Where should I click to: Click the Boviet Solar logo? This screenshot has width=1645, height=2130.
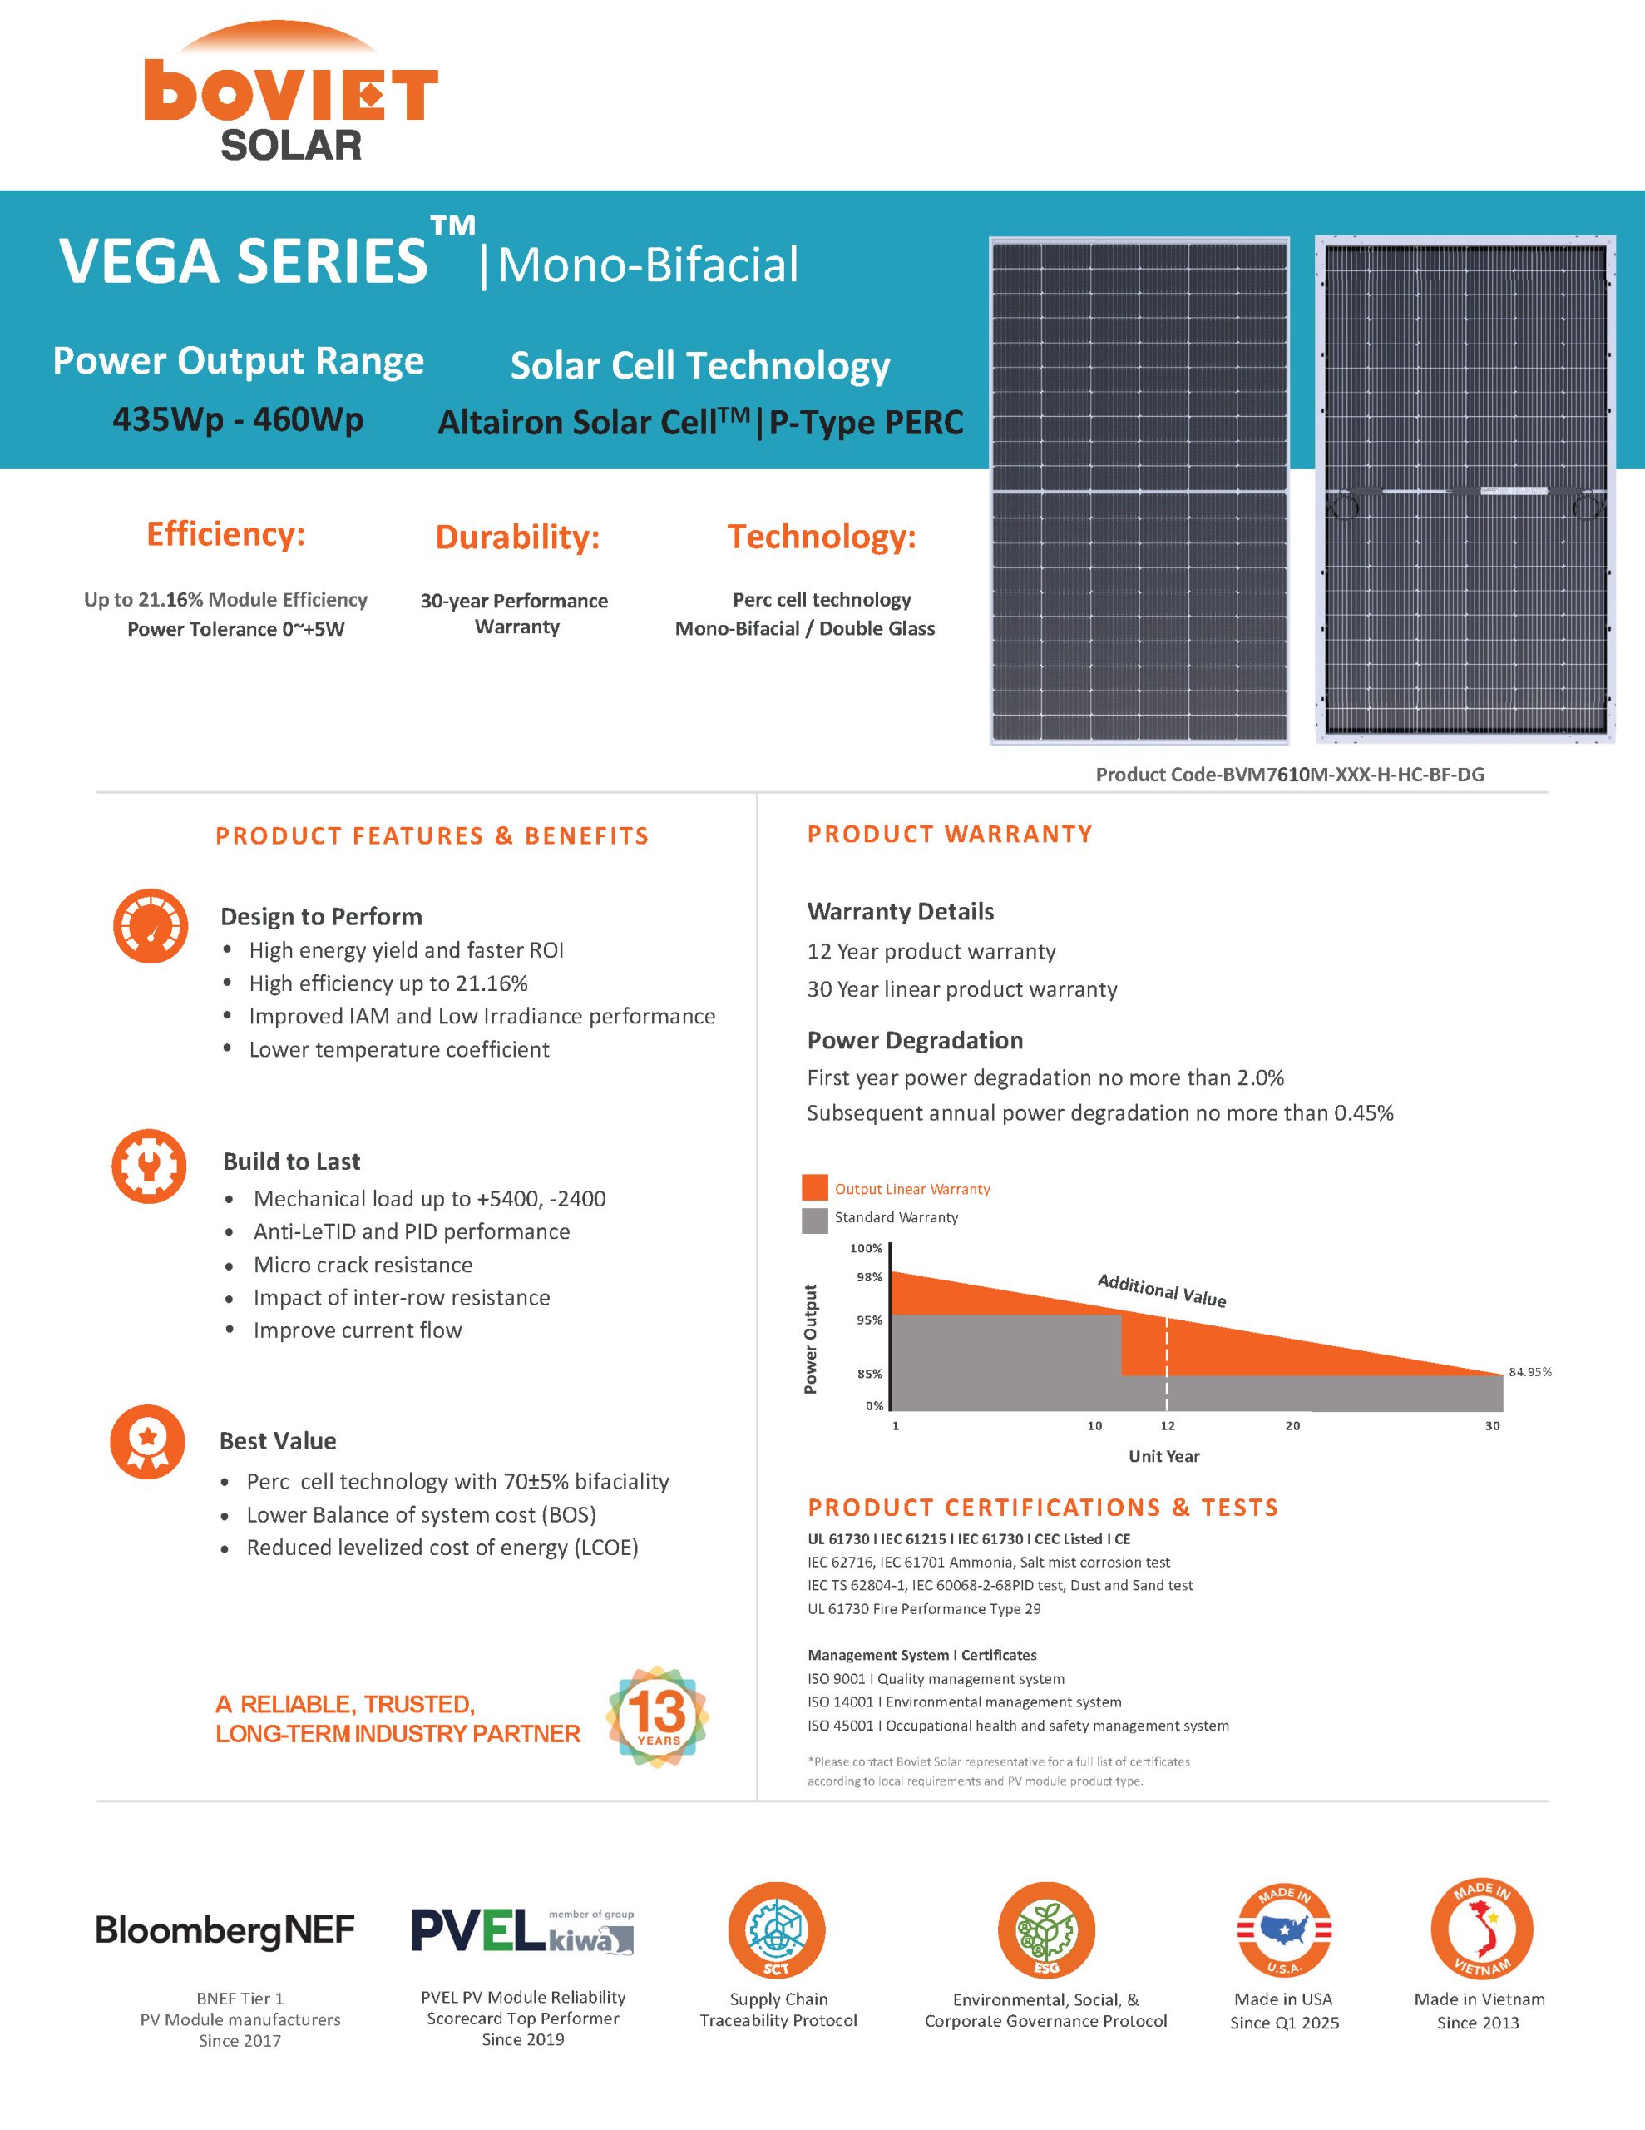coord(290,92)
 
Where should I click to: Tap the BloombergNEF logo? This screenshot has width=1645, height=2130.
coord(225,1930)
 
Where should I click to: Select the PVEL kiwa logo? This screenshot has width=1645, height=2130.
coord(521,1930)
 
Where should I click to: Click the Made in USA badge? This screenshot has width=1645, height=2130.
coord(1283,1930)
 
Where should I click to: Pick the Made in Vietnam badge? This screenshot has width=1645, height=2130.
coord(1480,1929)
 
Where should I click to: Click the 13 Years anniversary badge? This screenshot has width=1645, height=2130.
coord(657,1717)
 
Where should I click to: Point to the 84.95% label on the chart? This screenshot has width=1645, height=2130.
coord(1529,1372)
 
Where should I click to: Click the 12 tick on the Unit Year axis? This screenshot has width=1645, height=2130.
coord(1167,1426)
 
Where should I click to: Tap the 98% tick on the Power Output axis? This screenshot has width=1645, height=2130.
coord(869,1276)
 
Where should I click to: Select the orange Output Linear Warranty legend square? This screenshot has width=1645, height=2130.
coord(814,1188)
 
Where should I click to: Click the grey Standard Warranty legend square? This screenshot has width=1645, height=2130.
coord(814,1219)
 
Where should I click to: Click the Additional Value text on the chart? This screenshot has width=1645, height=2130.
coord(1161,1290)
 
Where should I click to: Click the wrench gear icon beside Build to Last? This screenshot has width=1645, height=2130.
coord(148,1166)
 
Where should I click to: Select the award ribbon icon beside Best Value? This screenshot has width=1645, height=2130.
coord(147,1441)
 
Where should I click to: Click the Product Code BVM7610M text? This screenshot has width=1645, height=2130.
coord(1289,775)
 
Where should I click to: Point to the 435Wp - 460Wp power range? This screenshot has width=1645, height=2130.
coord(238,419)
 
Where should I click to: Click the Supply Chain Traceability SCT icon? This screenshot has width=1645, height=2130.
coord(776,1930)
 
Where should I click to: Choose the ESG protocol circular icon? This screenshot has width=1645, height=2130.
coord(1045,1930)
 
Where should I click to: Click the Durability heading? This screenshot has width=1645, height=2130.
coord(516,537)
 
